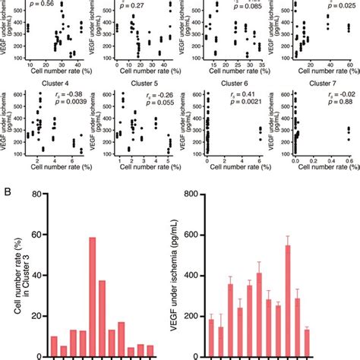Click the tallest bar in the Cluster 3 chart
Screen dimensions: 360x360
[92, 294]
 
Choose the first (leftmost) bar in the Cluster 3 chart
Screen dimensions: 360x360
[53, 343]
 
